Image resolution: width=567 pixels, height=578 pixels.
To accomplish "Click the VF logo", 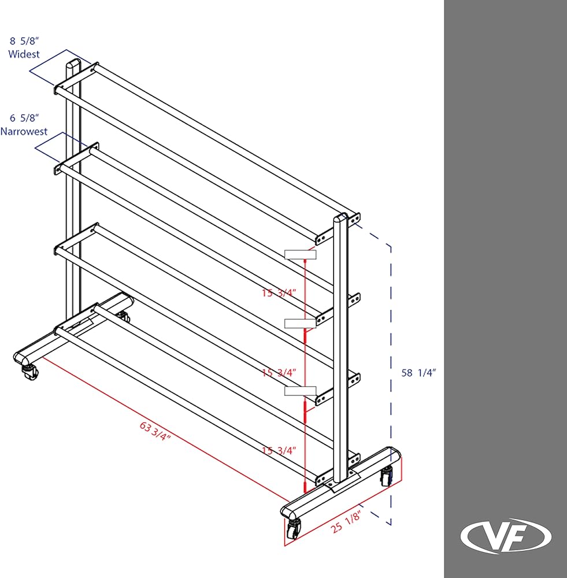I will [x=506, y=536].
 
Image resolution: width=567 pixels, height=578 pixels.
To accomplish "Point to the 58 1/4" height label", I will [x=418, y=373].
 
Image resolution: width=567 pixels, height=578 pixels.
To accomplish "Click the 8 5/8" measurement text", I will [x=24, y=42].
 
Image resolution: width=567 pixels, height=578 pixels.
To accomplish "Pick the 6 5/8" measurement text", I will [x=24, y=118].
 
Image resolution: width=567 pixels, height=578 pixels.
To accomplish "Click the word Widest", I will [x=24, y=54].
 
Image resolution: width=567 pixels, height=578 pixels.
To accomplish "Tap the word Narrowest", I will [x=24, y=131].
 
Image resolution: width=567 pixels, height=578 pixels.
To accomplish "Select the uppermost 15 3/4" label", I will [x=279, y=293].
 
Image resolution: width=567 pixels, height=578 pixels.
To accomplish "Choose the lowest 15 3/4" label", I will [x=279, y=450].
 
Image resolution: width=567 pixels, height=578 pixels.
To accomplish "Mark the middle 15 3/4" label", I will [x=279, y=373].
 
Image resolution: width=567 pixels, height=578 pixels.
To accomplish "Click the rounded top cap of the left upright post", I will [x=73, y=63].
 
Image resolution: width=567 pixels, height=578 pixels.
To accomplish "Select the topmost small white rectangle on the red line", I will [x=300, y=254].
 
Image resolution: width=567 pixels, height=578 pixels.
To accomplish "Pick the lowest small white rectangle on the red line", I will [x=301, y=391].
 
